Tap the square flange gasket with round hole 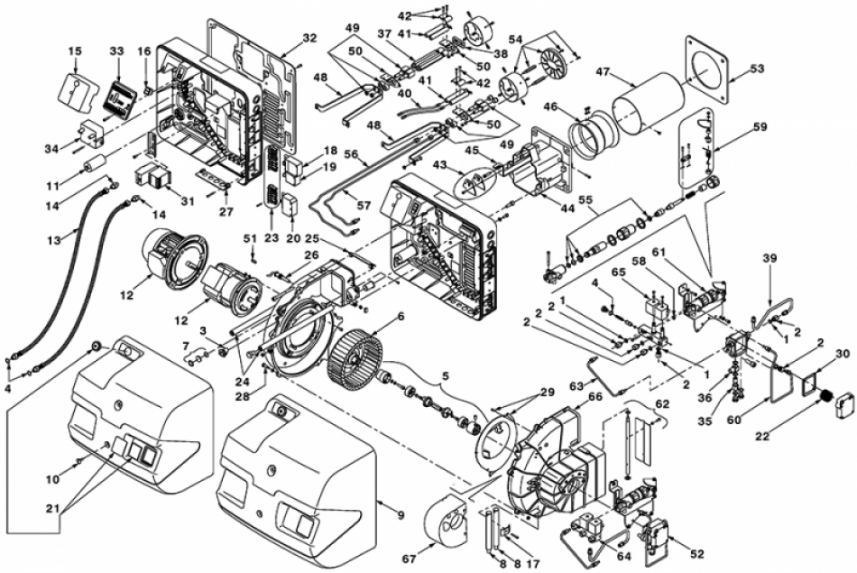[x=708, y=69]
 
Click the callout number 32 [x=309, y=38]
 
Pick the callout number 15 [x=75, y=51]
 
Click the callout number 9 [x=401, y=514]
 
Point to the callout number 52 [x=696, y=553]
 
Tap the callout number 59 [x=760, y=127]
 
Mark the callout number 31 [x=188, y=201]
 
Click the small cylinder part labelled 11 [x=94, y=163]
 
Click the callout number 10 [x=52, y=479]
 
